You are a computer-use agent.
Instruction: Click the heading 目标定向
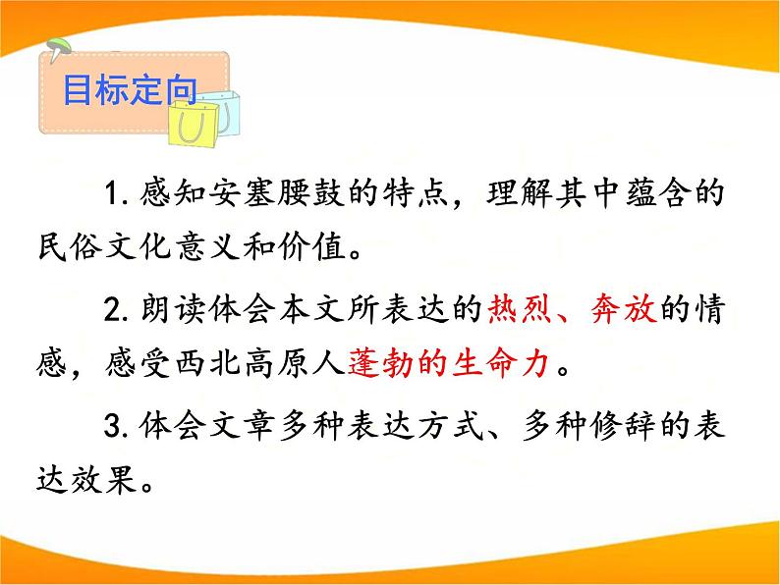coord(130,92)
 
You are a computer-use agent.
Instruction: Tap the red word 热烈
coord(521,312)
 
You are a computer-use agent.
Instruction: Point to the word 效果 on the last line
coord(121,485)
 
